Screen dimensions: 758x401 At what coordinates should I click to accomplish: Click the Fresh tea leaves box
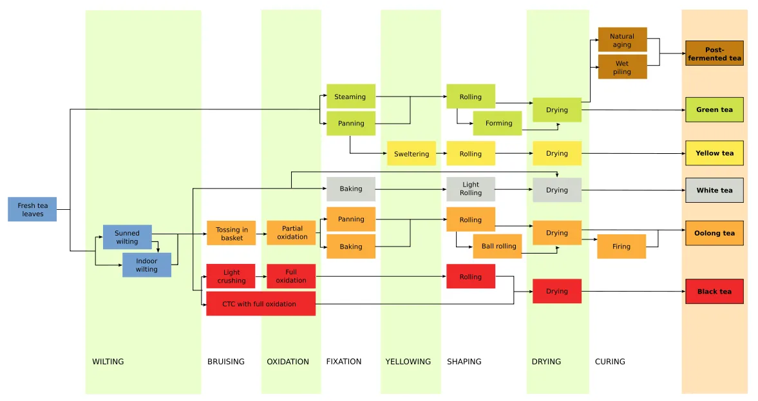click(32, 209)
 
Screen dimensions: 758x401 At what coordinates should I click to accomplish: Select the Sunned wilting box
click(127, 238)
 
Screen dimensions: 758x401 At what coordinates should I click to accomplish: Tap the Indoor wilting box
click(146, 265)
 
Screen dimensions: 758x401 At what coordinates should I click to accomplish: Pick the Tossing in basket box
click(231, 233)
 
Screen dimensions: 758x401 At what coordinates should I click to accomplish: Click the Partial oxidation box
click(291, 233)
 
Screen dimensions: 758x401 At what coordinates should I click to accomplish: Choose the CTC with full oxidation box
click(261, 303)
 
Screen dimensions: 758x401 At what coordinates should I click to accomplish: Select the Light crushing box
click(231, 276)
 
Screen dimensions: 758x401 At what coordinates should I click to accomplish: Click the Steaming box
click(351, 96)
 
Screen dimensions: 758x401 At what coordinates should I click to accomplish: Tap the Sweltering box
click(412, 154)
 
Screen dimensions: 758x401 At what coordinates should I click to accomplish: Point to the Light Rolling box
click(471, 189)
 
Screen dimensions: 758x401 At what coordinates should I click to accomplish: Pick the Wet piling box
click(623, 67)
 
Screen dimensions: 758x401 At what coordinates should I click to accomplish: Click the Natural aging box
click(623, 40)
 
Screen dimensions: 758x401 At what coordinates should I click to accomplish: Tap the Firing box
click(621, 247)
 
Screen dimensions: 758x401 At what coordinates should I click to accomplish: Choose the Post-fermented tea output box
click(714, 53)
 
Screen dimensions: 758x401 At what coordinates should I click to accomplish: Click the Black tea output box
click(714, 292)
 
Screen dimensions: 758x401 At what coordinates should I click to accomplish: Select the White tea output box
click(714, 190)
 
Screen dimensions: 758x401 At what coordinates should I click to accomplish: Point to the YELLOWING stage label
click(408, 361)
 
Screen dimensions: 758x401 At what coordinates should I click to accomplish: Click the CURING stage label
click(610, 361)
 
